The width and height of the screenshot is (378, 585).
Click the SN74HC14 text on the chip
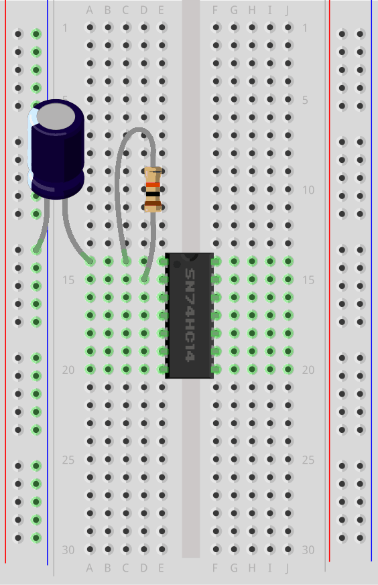[x=190, y=315]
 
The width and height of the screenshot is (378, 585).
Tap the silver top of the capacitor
[x=56, y=116]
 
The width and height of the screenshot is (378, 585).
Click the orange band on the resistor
[x=153, y=185]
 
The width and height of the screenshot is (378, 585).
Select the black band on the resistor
[x=153, y=194]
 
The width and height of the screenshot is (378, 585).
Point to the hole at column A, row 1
[x=90, y=27]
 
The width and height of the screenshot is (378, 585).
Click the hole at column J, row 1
[x=288, y=27]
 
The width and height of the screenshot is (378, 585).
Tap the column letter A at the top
[x=90, y=11]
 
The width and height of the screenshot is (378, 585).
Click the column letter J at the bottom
[x=287, y=568]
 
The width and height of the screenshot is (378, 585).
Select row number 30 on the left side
[x=68, y=549]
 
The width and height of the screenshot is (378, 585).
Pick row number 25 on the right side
[x=308, y=460]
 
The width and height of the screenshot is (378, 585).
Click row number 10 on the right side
[x=308, y=190]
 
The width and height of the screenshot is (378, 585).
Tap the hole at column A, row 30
[x=90, y=549]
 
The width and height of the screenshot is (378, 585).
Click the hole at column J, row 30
[x=288, y=549]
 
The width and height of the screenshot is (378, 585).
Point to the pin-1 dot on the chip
[x=177, y=264]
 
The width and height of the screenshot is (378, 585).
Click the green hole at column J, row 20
[x=288, y=369]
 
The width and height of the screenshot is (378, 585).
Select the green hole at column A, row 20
[x=90, y=369]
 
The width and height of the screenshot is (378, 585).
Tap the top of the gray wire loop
[x=139, y=129]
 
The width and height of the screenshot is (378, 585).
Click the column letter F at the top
[x=215, y=11]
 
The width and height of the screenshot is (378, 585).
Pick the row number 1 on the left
[x=65, y=28]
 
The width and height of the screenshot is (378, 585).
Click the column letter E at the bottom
[x=162, y=568]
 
